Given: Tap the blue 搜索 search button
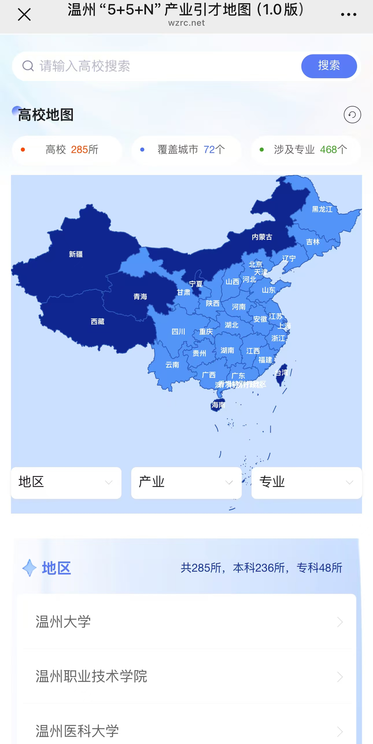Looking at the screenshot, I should pos(329,66).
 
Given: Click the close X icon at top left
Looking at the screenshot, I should pos(24,14).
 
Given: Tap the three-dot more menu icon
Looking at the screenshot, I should pos(348,14).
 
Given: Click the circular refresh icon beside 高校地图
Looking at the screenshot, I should pos(352,115).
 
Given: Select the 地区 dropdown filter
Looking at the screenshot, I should pos(66,483).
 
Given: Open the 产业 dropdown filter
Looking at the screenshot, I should pos(186,483).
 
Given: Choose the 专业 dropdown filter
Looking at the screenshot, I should pos(306,483).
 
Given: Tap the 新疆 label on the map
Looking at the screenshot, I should pos(76,254).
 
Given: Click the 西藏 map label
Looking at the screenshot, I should pos(97,321).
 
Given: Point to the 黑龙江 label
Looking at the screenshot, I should pos(322,209).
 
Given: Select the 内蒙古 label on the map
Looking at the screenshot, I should pos(262,237).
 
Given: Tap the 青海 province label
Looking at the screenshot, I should pos(140,297).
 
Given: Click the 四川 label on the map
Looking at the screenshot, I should pos(178,331).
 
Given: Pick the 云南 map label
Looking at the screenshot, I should pos(172,365).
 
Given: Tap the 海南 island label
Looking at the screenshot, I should pos(218,405).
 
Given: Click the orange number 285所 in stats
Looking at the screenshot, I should pos(84,150).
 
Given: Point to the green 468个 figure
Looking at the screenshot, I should pos(333,150).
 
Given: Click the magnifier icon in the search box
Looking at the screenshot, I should pos(28,66).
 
